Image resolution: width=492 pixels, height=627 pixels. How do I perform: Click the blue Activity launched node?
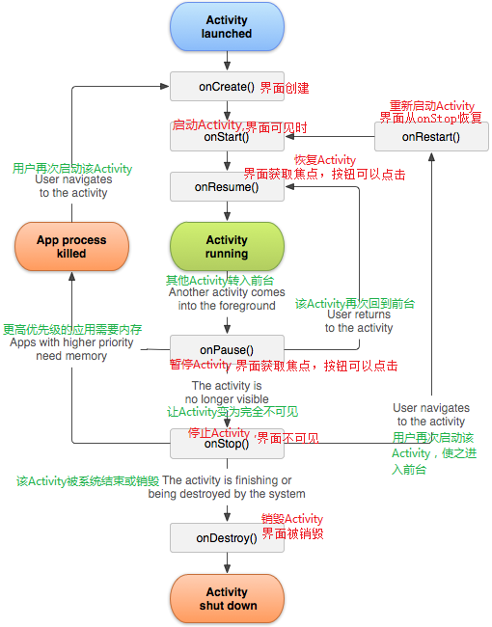coord(227,27)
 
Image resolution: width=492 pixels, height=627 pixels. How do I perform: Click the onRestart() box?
coord(431,137)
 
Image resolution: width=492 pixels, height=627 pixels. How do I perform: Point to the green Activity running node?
coord(227,247)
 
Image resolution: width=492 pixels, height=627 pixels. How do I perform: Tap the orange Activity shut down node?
coord(227,598)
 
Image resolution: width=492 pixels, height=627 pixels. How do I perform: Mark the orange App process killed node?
coord(71,247)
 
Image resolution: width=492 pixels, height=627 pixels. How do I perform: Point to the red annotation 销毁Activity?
coord(291,519)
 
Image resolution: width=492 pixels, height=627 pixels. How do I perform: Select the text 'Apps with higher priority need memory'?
coord(71,349)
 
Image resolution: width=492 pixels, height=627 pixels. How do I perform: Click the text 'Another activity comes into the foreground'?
coord(227,299)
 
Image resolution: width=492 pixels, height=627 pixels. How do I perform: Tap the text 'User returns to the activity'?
coord(359,321)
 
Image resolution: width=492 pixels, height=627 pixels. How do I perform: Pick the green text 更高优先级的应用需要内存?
coord(71,329)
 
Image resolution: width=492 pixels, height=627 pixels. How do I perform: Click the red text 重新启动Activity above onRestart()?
coord(431,105)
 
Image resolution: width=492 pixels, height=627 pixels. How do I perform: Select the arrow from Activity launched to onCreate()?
coord(227,62)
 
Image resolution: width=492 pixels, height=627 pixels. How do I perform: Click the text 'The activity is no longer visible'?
coord(227,392)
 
